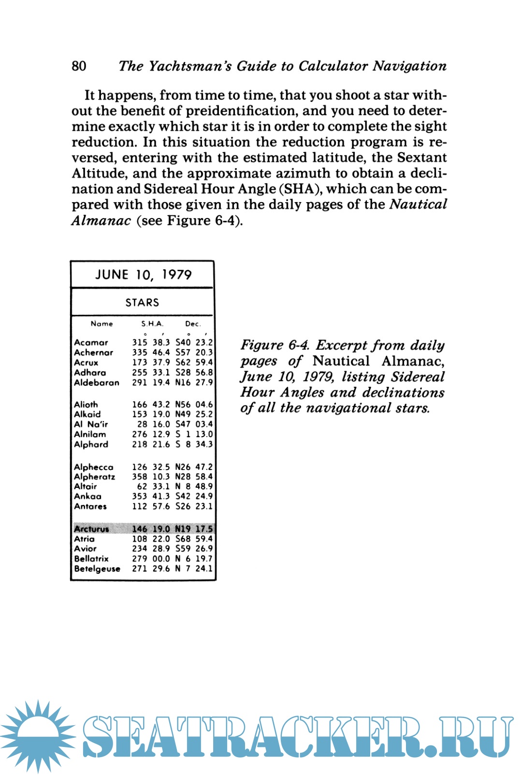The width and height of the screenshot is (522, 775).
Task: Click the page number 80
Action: click(x=79, y=66)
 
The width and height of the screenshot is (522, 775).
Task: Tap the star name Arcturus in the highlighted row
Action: click(x=91, y=529)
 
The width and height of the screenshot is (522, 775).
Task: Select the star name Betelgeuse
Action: click(x=97, y=569)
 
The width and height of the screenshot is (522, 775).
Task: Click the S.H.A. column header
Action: click(x=152, y=324)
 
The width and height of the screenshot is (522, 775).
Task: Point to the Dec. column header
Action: click(x=192, y=324)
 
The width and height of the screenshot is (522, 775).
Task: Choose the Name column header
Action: click(x=101, y=324)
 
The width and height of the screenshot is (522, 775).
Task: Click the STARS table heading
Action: click(x=142, y=303)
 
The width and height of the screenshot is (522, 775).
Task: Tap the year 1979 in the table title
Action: click(x=177, y=275)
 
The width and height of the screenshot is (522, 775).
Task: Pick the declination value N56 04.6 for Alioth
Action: click(x=194, y=404)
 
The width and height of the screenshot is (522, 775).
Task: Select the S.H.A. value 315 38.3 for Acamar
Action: click(x=151, y=342)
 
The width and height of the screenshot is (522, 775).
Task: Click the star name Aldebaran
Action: click(x=97, y=382)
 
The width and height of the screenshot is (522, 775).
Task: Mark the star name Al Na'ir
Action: click(x=91, y=424)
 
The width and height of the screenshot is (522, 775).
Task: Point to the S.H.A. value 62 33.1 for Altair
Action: click(x=153, y=486)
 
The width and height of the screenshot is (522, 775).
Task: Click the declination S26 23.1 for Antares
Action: click(x=194, y=506)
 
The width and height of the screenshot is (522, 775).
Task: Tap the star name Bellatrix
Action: click(x=91, y=558)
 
